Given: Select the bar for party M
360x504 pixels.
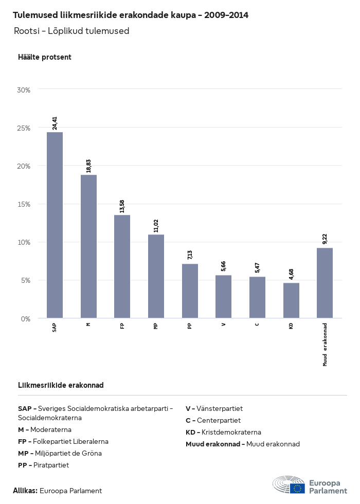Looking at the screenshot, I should point(88,246).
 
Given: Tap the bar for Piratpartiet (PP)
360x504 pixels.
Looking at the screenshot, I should point(190,291).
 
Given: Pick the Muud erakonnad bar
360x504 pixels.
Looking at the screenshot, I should point(325,283).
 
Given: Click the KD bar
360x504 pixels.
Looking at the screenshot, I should point(291,300).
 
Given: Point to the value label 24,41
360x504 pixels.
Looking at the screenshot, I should point(55,123).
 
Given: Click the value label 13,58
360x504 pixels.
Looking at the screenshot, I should point(122,206).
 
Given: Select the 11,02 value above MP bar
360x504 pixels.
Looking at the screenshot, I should point(156,225).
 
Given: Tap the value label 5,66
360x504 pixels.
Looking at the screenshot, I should point(224,266).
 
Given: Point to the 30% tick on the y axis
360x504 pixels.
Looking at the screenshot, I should point(24,89).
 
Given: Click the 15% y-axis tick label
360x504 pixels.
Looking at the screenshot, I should point(24,204).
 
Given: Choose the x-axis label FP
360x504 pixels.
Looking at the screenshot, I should point(122,326).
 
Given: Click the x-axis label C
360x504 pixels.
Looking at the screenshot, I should point(257,323).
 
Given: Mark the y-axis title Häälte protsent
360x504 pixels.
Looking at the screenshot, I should point(45,57).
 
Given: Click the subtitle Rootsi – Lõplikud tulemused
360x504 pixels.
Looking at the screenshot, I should point(71,31).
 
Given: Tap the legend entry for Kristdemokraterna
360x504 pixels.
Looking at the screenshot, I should point(223,433).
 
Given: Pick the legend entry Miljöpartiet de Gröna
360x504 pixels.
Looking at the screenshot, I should point(60,454).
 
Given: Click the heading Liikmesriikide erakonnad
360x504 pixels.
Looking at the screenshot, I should point(61,385).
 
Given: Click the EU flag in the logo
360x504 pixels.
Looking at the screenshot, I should point(297,488).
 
